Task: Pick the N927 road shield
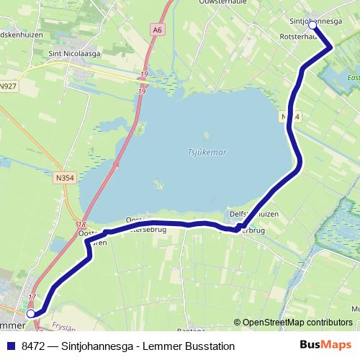[8, 86]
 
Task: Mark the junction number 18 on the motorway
[84, 225]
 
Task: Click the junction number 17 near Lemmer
[32, 297]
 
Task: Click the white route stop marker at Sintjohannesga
[313, 24]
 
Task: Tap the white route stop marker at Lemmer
[30, 314]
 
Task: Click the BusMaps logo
[325, 346]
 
